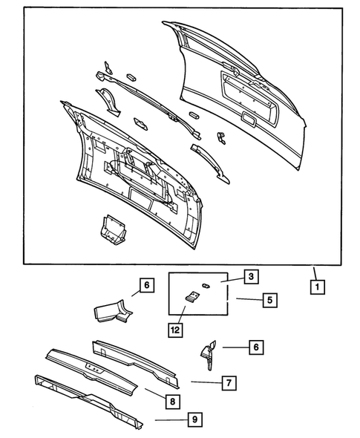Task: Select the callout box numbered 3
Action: [251, 277]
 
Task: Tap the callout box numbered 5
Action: [269, 300]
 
